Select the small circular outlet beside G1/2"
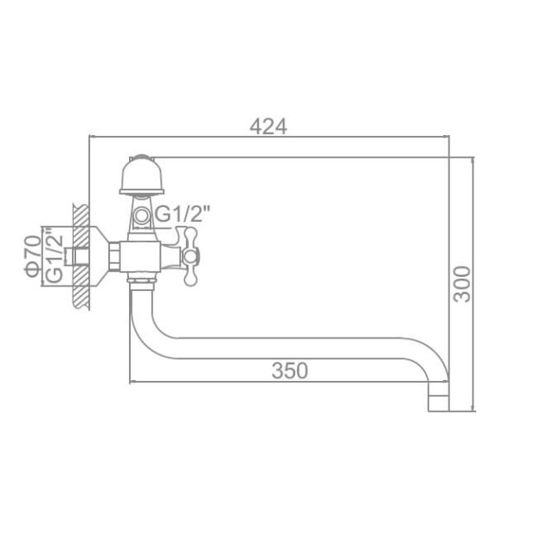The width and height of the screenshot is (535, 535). click(142, 214)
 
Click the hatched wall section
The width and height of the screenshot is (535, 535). click(80, 256)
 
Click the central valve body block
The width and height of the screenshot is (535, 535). click(144, 255)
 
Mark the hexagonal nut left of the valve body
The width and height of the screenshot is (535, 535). click(115, 256)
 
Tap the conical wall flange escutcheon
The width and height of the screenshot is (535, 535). click(98, 256)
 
